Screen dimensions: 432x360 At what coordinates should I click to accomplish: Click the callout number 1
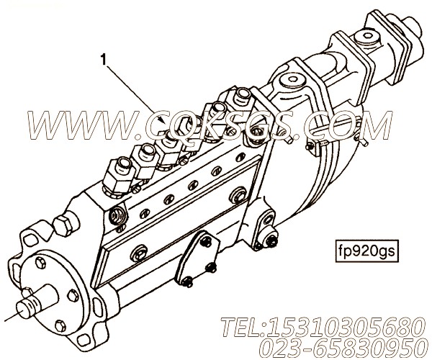tap(104, 60)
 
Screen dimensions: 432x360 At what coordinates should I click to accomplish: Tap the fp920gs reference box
tap(366, 251)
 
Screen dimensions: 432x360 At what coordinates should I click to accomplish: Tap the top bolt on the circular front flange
tap(41, 263)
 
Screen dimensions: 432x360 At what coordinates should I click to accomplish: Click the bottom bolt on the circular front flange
tap(61, 326)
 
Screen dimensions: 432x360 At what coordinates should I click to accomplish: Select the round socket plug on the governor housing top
tap(292, 81)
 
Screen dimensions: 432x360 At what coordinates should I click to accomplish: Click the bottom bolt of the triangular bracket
tap(188, 282)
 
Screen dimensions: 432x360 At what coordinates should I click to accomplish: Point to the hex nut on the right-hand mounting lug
tap(271, 241)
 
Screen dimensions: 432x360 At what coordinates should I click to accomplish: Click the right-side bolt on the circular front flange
tap(73, 296)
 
